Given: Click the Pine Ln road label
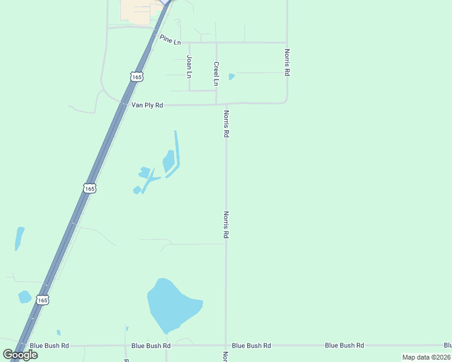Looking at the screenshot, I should point(170,39).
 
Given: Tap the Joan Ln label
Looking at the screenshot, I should point(189,66).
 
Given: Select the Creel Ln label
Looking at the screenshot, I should point(216,72).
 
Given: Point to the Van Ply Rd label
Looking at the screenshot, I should point(147,105).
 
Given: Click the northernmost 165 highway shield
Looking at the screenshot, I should point(136,77).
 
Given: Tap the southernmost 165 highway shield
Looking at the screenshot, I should point(42,300).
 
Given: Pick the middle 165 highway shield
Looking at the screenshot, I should point(89,188).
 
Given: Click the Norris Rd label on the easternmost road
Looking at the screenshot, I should point(287,62).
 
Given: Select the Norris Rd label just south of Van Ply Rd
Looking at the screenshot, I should point(226,124).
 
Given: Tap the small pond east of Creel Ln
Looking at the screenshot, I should point(231,77).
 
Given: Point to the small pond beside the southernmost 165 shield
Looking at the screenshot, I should point(24,297).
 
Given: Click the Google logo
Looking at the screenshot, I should point(21,355).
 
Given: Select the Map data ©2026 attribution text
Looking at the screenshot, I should point(426,357).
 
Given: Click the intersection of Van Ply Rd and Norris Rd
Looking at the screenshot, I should point(226,104).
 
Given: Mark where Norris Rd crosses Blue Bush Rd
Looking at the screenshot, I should point(226,346).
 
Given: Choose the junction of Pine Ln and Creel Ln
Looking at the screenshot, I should point(216,43).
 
